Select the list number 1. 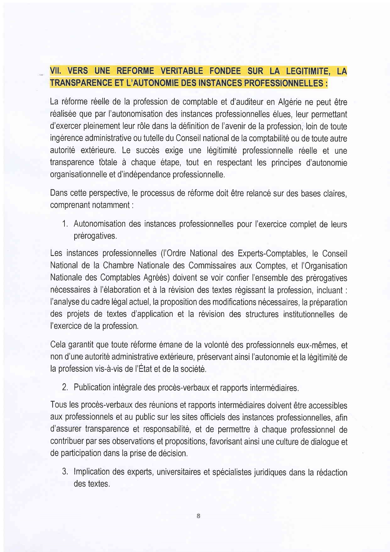[65, 224]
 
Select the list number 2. [65, 388]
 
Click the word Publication [92, 388]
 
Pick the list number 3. [65, 472]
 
